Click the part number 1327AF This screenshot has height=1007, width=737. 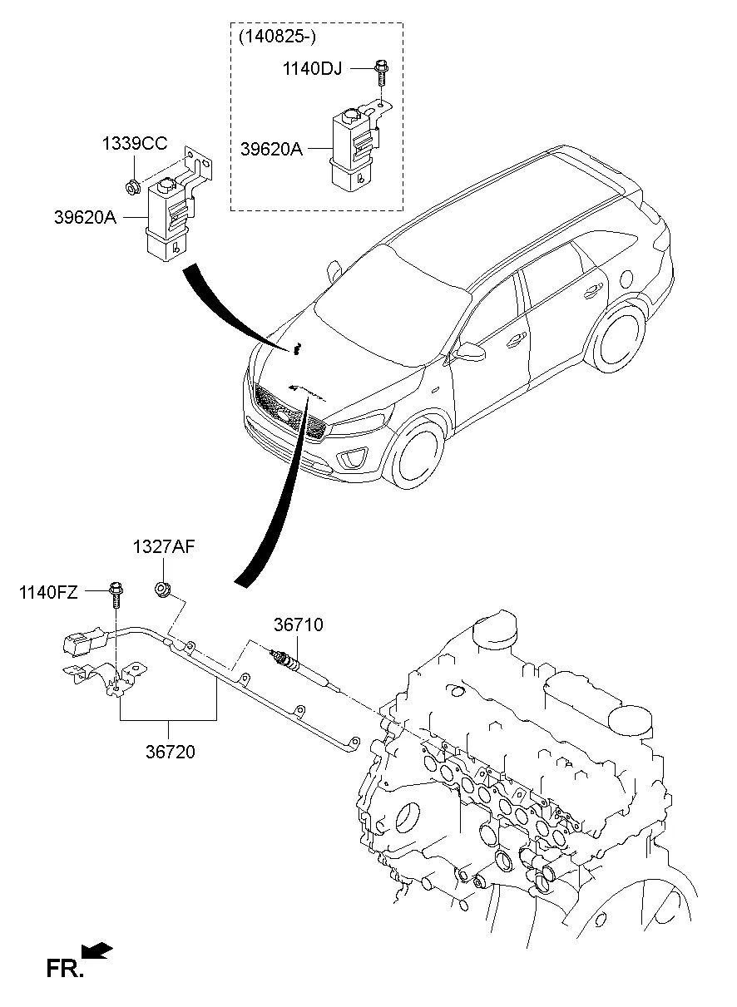(164, 546)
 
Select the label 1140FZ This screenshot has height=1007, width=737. (49, 592)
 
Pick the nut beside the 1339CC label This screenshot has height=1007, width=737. (131, 182)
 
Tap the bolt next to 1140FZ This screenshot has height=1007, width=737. (115, 598)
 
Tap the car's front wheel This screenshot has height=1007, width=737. (421, 453)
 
